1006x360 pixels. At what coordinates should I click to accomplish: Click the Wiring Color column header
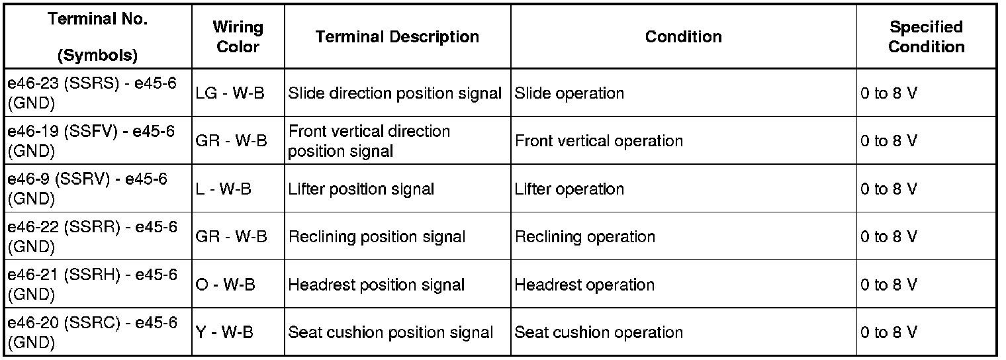238,37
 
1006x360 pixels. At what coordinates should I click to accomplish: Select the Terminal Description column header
397,37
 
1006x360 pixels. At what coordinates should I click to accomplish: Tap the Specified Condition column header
926,37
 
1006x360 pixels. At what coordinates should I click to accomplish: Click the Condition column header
684,37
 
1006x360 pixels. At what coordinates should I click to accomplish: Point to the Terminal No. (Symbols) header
98,37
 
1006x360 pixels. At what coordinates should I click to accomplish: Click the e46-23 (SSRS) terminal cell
93,93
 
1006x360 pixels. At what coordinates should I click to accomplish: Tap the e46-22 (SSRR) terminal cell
93,236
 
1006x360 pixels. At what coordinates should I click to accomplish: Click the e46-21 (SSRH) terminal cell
93,284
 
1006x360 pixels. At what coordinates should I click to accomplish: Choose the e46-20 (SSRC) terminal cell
93,332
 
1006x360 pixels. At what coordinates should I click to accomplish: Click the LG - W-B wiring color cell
230,93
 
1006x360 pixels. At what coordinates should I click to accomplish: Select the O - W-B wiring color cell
226,285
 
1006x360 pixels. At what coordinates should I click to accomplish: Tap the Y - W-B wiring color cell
224,332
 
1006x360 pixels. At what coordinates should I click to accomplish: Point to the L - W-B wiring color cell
224,189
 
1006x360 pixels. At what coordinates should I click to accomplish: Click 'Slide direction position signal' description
395,93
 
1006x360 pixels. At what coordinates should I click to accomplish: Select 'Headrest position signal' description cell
377,285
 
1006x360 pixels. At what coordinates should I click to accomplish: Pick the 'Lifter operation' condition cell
569,189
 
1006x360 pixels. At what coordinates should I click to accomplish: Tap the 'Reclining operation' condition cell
585,237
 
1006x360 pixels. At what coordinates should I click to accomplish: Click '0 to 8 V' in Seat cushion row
889,332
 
